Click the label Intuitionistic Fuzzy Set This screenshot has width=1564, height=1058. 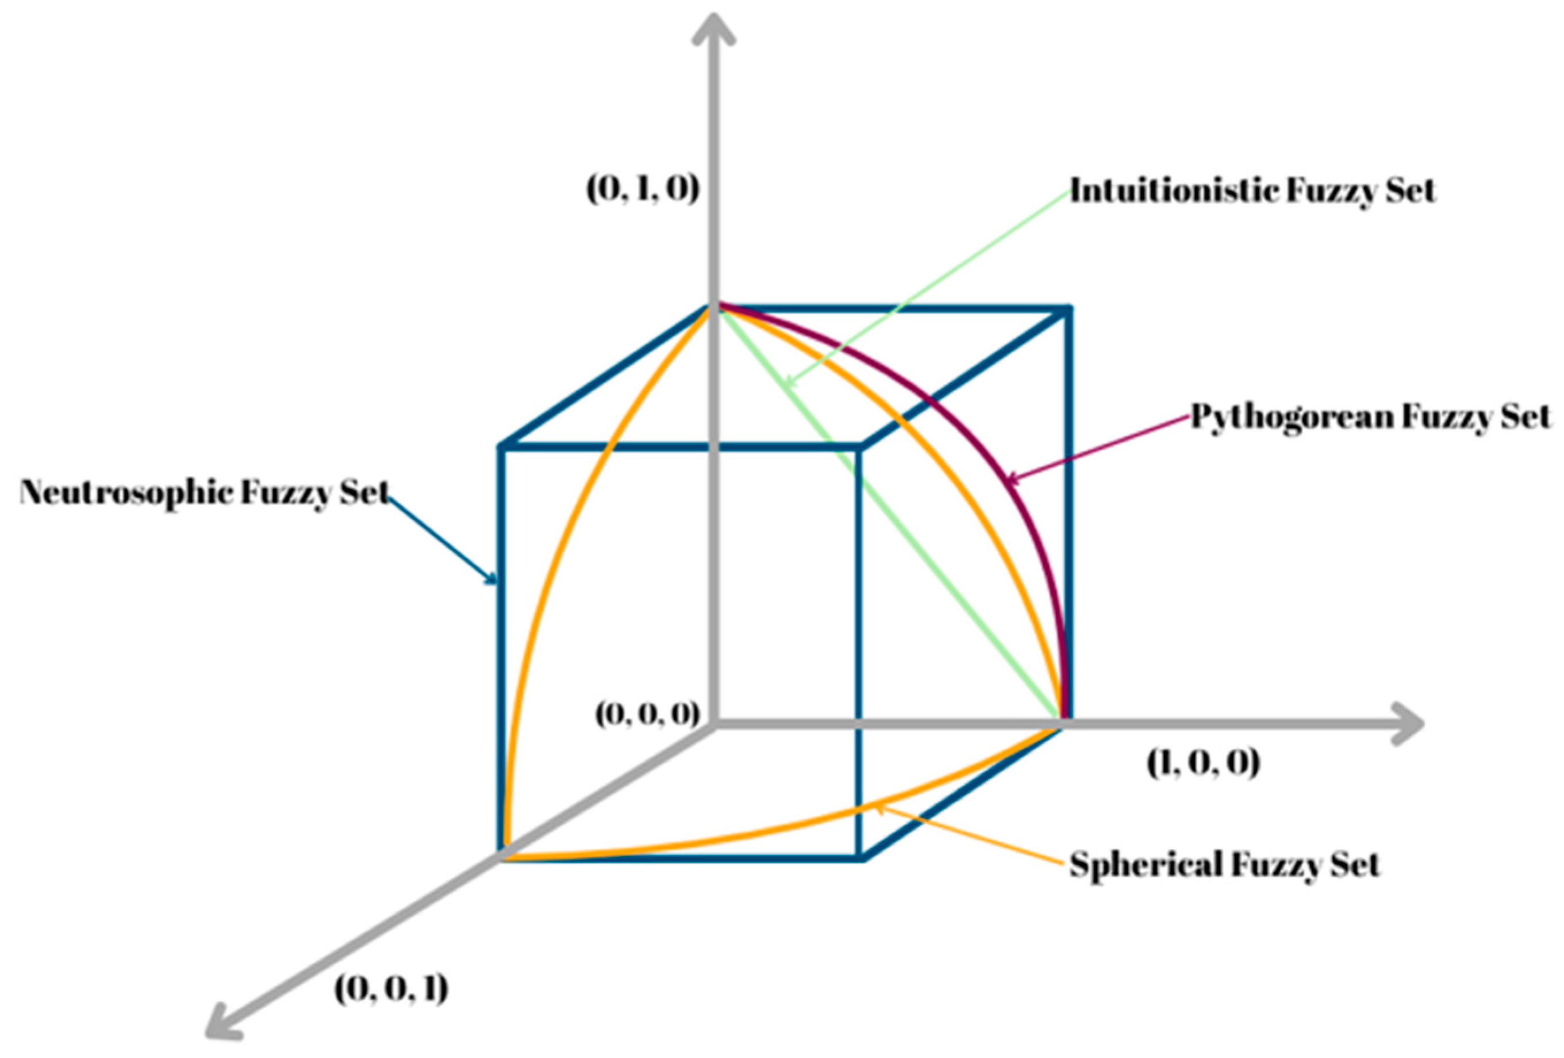pyautogui.click(x=1252, y=190)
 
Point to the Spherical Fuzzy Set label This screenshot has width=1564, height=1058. pyautogui.click(x=1224, y=864)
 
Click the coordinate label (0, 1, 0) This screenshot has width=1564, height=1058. pyautogui.click(x=643, y=189)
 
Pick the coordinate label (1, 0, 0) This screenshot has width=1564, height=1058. pyautogui.click(x=1202, y=763)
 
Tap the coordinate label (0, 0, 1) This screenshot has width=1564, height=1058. pyautogui.click(x=391, y=988)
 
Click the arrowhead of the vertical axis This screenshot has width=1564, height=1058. pyautogui.click(x=713, y=30)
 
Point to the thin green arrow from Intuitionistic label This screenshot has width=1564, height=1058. pyautogui.click(x=929, y=287)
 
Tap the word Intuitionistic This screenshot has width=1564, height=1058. pyautogui.click(x=1174, y=190)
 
